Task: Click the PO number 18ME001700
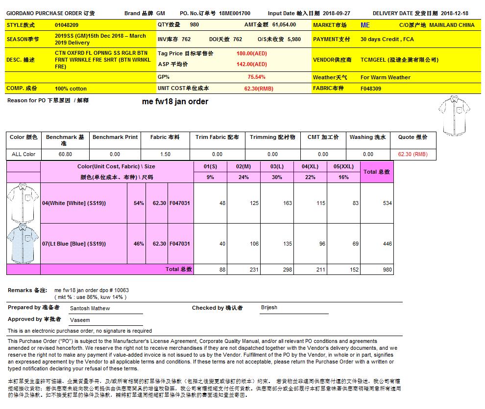pos(234,14)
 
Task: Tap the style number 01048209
pos(67,24)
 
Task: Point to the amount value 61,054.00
pos(284,24)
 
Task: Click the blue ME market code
pos(365,24)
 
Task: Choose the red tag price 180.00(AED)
pos(251,53)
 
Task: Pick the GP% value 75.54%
pos(256,77)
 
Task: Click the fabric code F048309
pos(371,89)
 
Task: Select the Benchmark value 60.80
pos(65,154)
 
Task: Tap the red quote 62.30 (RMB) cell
pos(412,154)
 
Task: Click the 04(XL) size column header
pos(310,167)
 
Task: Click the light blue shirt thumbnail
pos(23,243)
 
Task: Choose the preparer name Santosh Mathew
pos(90,309)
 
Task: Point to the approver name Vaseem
pos(80,320)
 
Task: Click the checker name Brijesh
pos(269,308)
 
